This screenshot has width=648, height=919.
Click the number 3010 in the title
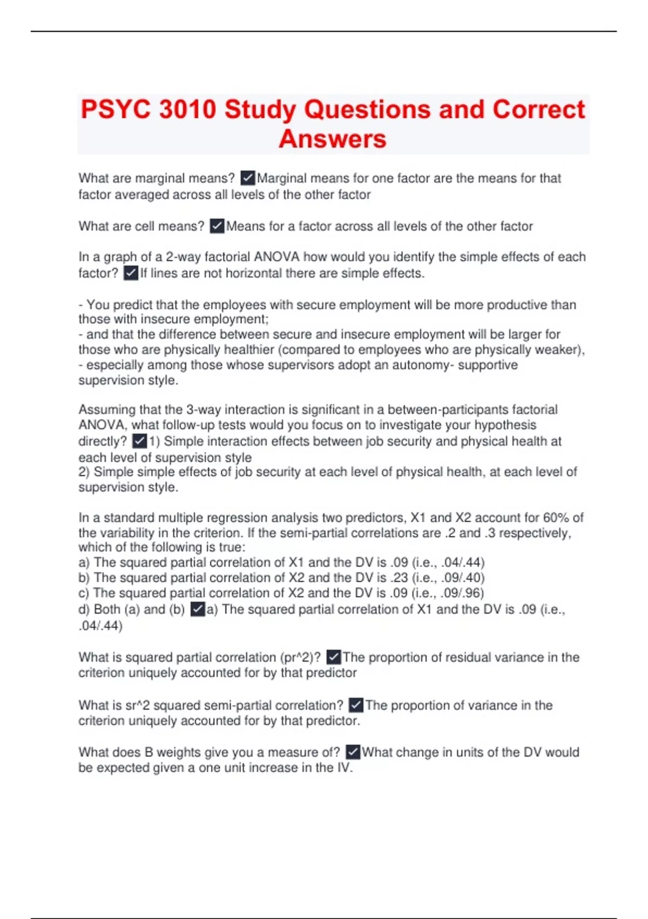(187, 110)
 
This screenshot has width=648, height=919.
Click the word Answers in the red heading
(333, 139)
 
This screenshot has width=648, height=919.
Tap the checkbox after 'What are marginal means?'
(248, 178)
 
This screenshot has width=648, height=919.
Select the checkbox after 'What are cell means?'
(217, 226)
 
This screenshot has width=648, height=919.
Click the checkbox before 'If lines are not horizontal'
(131, 273)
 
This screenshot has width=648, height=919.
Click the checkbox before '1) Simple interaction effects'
(139, 441)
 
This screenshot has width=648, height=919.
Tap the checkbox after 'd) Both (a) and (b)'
(198, 609)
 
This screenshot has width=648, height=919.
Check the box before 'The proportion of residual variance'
(334, 657)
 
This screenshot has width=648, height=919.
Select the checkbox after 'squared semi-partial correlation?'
(356, 705)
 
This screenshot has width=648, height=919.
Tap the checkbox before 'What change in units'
(353, 752)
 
